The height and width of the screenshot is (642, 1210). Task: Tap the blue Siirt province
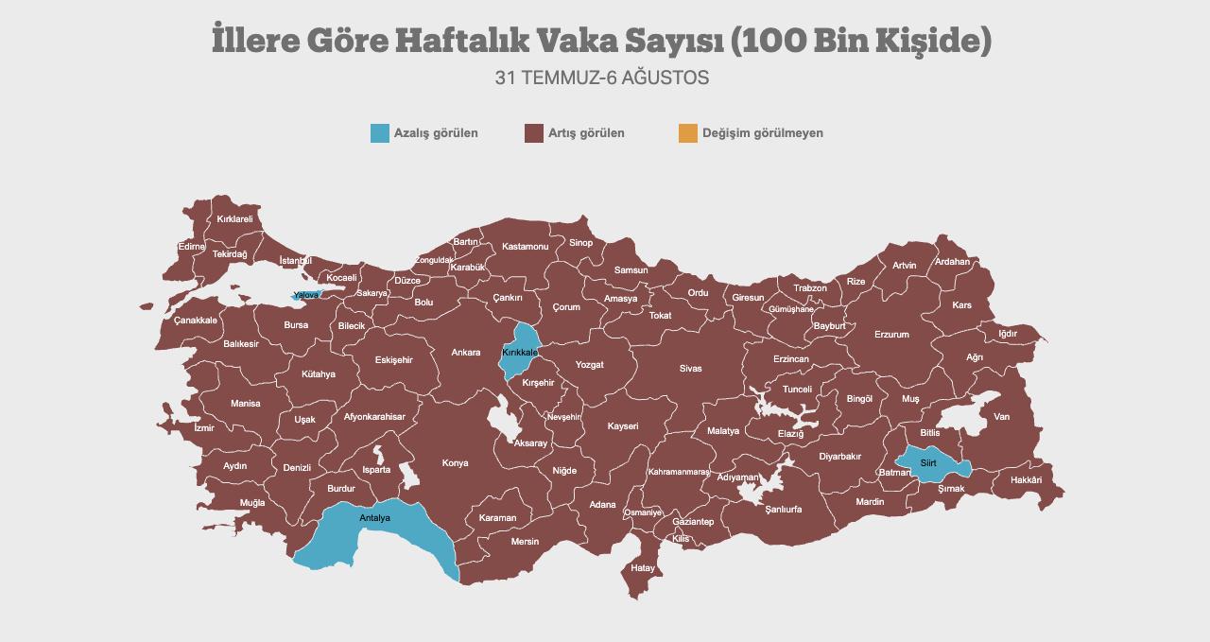[x=929, y=463]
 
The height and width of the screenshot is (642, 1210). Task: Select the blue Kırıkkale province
[x=522, y=352]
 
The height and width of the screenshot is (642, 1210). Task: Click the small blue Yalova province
[x=305, y=296]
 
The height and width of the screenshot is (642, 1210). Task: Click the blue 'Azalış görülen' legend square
[x=380, y=133]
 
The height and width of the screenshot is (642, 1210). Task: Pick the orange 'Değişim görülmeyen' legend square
[x=688, y=133]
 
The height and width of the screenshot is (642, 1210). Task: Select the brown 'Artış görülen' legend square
[x=533, y=133]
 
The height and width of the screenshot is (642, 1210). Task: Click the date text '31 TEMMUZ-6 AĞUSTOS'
[x=602, y=78]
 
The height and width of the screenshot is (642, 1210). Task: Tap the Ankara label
[x=465, y=353]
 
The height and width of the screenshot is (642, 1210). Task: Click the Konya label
[x=455, y=463]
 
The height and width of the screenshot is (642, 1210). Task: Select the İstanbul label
[x=295, y=260]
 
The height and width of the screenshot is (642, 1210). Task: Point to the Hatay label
[x=643, y=568]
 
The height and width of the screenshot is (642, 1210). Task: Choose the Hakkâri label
[x=1026, y=480]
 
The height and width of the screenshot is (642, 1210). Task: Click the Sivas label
[x=690, y=369]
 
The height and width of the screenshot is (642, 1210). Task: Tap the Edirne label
[x=191, y=247]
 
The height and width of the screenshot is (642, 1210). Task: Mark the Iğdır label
[x=1008, y=334]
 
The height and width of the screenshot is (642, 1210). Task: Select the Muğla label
[x=252, y=503]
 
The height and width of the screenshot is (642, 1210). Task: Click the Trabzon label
[x=810, y=288]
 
